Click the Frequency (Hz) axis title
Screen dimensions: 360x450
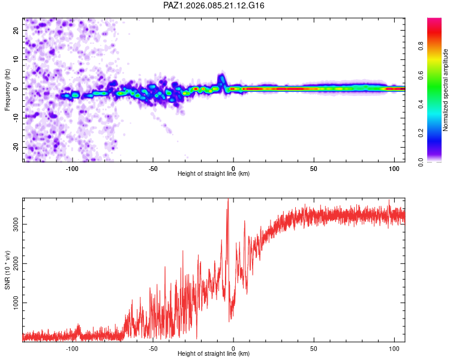[8, 88]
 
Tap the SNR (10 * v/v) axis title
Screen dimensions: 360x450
[8, 270]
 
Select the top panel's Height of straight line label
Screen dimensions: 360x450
[214, 174]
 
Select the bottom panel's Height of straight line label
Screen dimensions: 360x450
[214, 353]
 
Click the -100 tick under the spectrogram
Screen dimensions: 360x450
[73, 168]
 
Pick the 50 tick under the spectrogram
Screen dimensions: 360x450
[314, 168]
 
